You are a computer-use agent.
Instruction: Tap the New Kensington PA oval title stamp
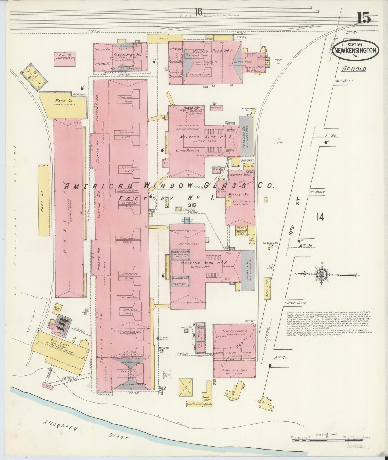[356, 50]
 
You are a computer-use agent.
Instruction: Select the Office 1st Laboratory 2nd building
[64, 59]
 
